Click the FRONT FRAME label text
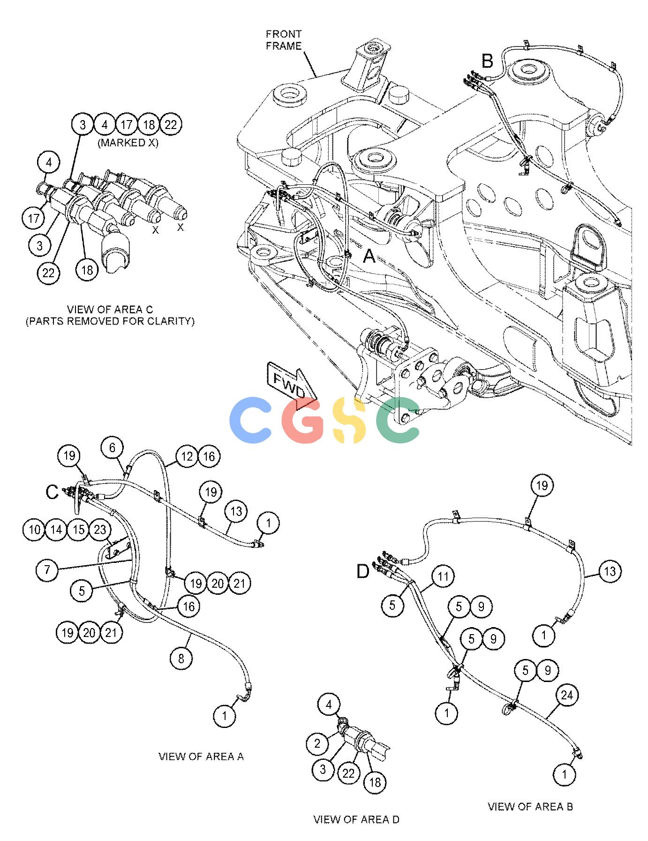pyautogui.click(x=283, y=40)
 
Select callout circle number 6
pyautogui.click(x=113, y=448)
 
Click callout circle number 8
pyautogui.click(x=181, y=659)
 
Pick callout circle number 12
pyautogui.click(x=187, y=456)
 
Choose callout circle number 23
pyautogui.click(x=100, y=530)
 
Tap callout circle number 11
pyautogui.click(x=444, y=576)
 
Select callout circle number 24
pyautogui.click(x=567, y=695)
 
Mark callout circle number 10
pyautogui.click(x=34, y=530)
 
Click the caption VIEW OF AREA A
pyautogui.click(x=201, y=756)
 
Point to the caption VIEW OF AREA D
pyautogui.click(x=356, y=819)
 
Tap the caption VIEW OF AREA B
pyautogui.click(x=530, y=806)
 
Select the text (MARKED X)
pyautogui.click(x=128, y=143)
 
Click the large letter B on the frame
pyautogui.click(x=488, y=61)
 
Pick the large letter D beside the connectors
pyautogui.click(x=363, y=572)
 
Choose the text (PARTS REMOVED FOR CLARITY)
pyautogui.click(x=110, y=321)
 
